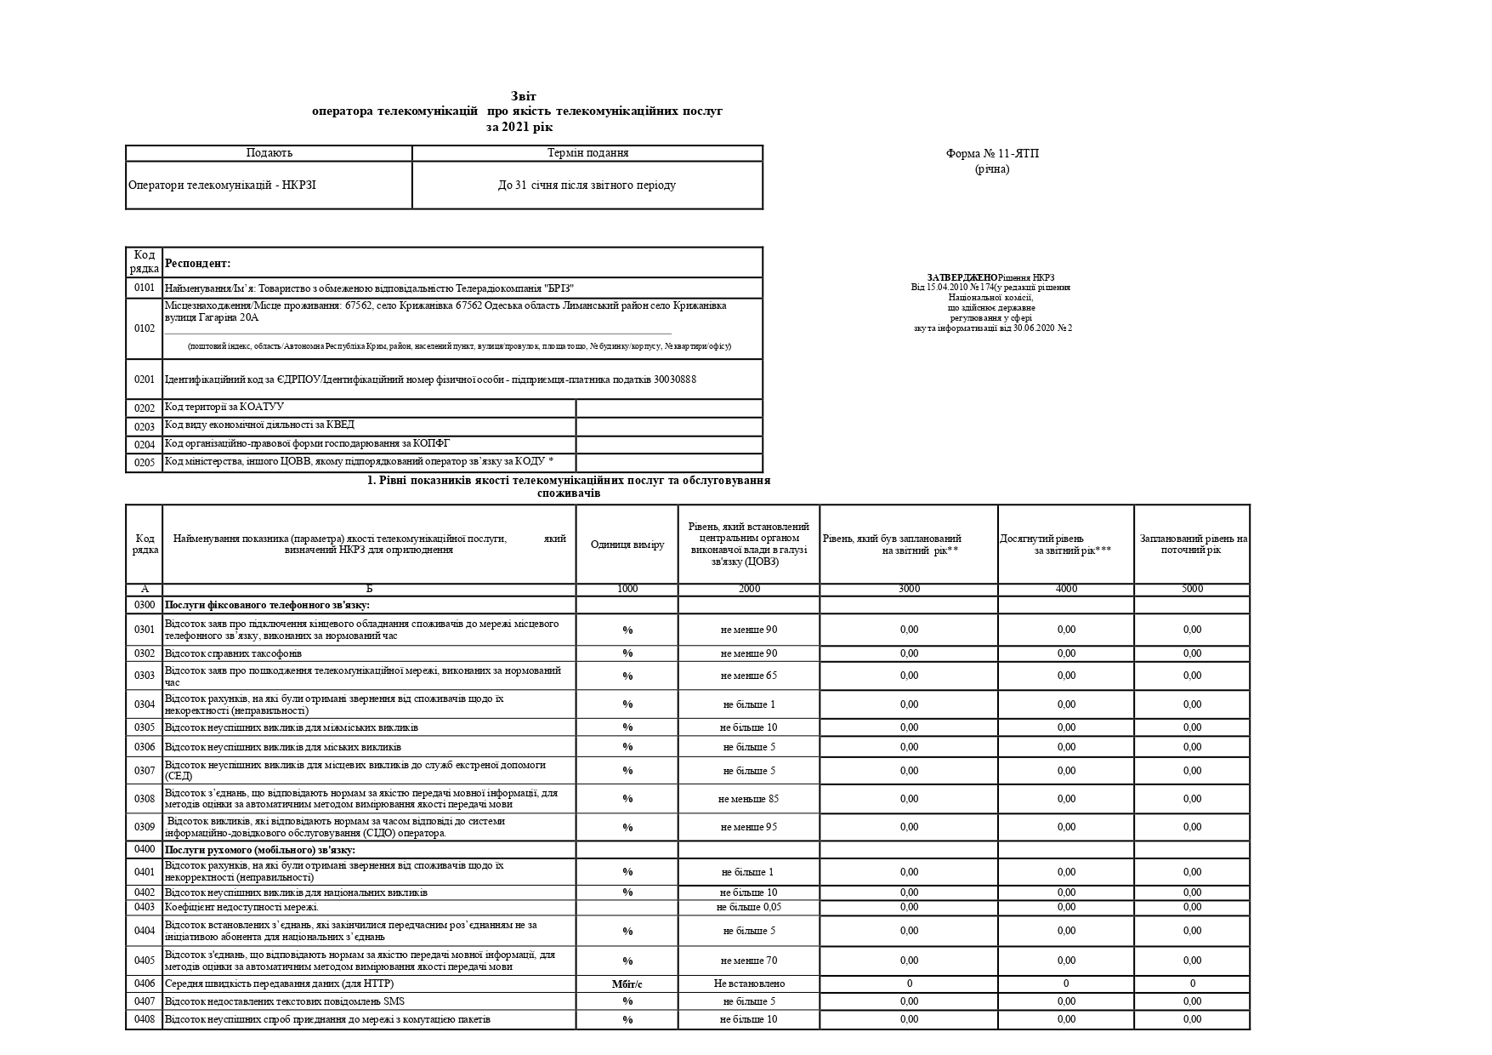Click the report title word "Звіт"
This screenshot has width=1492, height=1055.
click(524, 96)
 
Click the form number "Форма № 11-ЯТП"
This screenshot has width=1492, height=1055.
click(992, 154)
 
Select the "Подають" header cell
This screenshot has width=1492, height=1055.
click(269, 153)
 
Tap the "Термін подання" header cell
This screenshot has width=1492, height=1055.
click(588, 153)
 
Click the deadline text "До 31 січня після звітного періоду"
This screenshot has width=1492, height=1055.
click(587, 185)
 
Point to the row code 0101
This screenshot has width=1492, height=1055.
click(145, 288)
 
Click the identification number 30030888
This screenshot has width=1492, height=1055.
click(675, 379)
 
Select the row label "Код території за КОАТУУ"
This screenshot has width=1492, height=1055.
click(224, 408)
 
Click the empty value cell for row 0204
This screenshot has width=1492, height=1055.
click(669, 444)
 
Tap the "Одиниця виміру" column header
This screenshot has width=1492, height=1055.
click(627, 545)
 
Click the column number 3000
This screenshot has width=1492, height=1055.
click(909, 589)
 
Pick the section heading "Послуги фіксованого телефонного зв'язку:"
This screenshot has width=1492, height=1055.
click(267, 605)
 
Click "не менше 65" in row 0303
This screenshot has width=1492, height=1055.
click(748, 676)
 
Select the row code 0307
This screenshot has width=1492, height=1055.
click(145, 771)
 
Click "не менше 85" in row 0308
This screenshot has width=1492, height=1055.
click(748, 799)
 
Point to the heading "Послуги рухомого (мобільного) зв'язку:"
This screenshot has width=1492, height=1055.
click(259, 850)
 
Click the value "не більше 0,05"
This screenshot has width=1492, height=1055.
click(748, 907)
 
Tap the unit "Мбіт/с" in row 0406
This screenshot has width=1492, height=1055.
click(627, 984)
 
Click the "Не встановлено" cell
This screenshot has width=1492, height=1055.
click(749, 984)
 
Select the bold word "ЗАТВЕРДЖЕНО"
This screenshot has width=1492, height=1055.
click(962, 277)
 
